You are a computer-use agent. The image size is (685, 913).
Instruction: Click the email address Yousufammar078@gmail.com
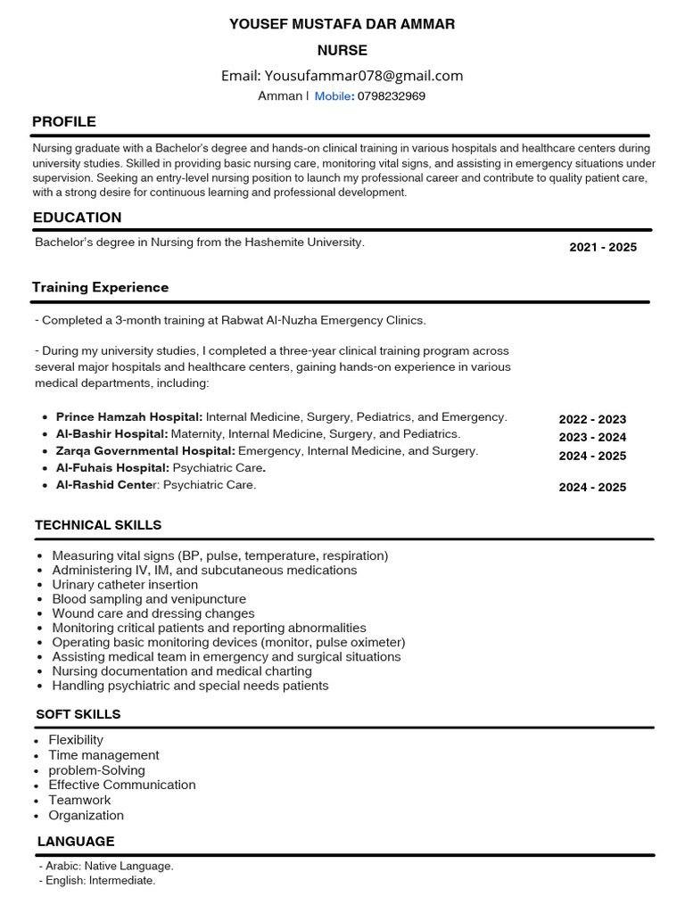pyautogui.click(x=364, y=76)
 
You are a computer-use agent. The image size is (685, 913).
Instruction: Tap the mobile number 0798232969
pyautogui.click(x=391, y=96)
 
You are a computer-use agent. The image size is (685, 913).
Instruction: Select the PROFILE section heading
pyautogui.click(x=64, y=121)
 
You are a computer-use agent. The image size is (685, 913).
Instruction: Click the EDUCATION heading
pyautogui.click(x=78, y=218)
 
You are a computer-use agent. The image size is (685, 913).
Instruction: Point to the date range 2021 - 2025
pyautogui.click(x=603, y=247)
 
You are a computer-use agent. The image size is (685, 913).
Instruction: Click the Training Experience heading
pyautogui.click(x=100, y=287)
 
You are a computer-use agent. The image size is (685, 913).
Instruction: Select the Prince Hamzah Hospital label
pyautogui.click(x=129, y=417)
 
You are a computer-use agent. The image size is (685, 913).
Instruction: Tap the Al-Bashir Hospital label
pyautogui.click(x=111, y=434)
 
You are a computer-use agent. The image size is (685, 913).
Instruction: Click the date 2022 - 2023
pyautogui.click(x=592, y=419)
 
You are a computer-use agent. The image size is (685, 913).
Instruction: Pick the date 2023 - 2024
pyautogui.click(x=592, y=437)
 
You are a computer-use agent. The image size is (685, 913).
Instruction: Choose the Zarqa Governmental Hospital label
pyautogui.click(x=145, y=451)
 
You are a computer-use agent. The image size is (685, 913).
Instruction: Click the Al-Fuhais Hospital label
pyautogui.click(x=112, y=468)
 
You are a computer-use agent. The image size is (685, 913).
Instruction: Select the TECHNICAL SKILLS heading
pyautogui.click(x=98, y=525)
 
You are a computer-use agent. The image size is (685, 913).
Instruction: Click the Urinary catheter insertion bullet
pyautogui.click(x=125, y=585)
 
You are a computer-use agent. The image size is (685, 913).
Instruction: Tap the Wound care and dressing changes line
pyautogui.click(x=153, y=613)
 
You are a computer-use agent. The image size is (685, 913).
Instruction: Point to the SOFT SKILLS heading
pyautogui.click(x=78, y=714)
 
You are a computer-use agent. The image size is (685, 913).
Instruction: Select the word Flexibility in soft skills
pyautogui.click(x=76, y=740)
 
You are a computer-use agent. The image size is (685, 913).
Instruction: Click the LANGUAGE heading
pyautogui.click(x=76, y=841)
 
